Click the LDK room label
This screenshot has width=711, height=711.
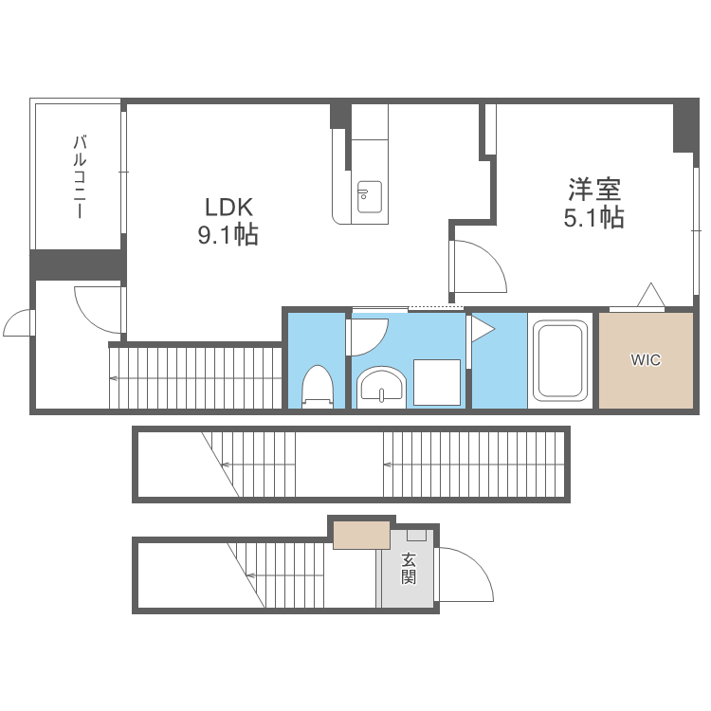pyautogui.click(x=228, y=208)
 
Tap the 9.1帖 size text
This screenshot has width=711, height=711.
pyautogui.click(x=228, y=235)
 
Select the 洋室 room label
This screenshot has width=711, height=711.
pyautogui.click(x=594, y=190)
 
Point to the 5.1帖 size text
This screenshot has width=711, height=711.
pyautogui.click(x=594, y=218)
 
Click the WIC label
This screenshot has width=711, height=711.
pyautogui.click(x=646, y=360)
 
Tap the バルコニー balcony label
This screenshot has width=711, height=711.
pyautogui.click(x=80, y=176)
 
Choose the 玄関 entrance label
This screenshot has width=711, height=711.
pyautogui.click(x=408, y=568)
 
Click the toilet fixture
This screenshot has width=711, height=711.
pyautogui.click(x=318, y=386)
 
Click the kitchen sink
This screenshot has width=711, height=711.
pyautogui.click(x=369, y=197)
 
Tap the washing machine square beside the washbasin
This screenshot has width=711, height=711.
pyautogui.click(x=437, y=382)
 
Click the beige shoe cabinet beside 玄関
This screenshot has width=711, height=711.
pyautogui.click(x=362, y=535)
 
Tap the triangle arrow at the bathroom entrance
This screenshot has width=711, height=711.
pyautogui.click(x=483, y=329)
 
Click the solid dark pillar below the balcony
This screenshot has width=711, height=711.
pyautogui.click(x=78, y=264)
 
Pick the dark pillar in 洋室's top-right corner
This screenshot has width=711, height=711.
pyautogui.click(x=685, y=126)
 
